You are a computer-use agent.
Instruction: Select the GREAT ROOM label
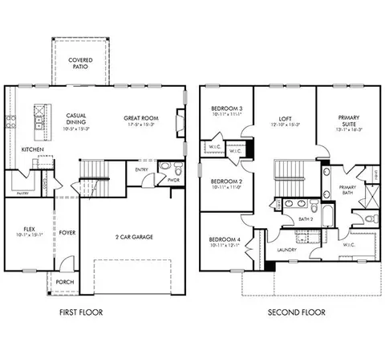coord(140,118)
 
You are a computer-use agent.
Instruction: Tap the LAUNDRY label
coord(287,249)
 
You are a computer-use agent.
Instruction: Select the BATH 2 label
coord(306,218)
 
